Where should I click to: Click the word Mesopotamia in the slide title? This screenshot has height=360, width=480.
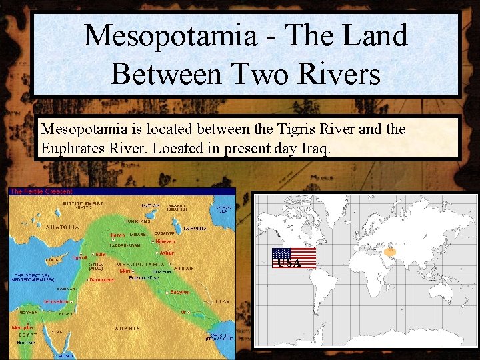click(x=170, y=35)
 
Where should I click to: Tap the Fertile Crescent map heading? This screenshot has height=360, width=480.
click(x=41, y=192)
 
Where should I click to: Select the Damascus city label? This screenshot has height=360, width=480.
click(x=101, y=279)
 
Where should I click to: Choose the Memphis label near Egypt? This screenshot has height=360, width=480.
click(x=22, y=327)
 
